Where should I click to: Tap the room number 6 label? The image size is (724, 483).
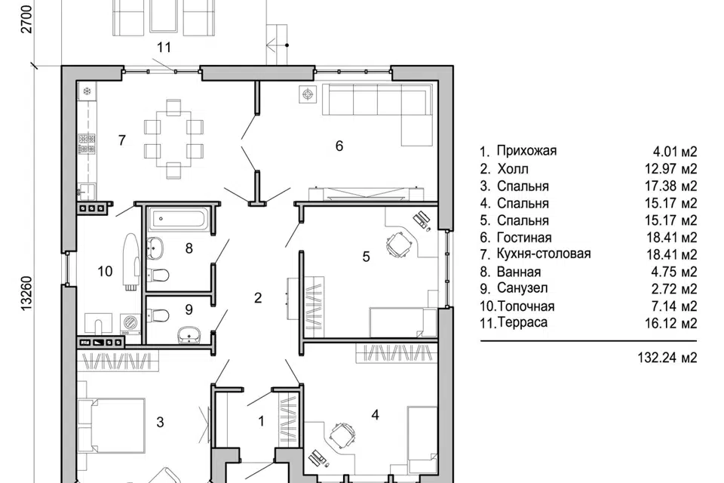[x=339, y=146]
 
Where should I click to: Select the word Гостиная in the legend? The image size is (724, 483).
[x=524, y=238]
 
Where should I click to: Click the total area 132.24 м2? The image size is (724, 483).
[x=667, y=357]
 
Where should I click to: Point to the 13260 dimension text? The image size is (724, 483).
[x=26, y=293]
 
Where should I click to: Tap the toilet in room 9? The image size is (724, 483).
[x=160, y=316]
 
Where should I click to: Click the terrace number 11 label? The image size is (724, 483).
[x=164, y=47]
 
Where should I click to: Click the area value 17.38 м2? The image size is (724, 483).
[x=671, y=186]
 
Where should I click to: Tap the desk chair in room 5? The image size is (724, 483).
[x=399, y=243]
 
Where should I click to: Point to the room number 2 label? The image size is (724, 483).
[x=258, y=298]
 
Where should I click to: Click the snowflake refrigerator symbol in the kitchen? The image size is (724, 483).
[x=86, y=91]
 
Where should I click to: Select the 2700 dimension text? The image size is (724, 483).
[x=27, y=19]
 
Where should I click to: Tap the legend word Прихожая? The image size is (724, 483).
[x=526, y=151]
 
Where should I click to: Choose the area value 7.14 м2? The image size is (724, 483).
[x=674, y=306]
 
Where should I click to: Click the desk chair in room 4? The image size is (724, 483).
[x=342, y=434]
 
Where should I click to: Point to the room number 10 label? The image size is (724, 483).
[x=105, y=272]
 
